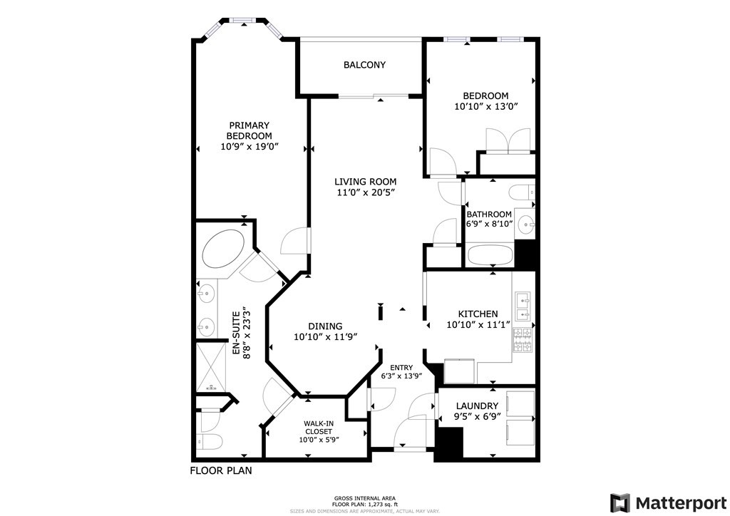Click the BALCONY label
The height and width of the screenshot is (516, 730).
coord(364,65)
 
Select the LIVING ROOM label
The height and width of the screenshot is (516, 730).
coord(367,182)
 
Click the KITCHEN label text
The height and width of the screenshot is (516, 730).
coord(478,314)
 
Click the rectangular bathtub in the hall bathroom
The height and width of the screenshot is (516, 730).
coord(490,256)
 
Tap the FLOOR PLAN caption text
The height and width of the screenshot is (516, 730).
coord(220,471)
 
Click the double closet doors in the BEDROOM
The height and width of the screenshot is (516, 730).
coord(508,140)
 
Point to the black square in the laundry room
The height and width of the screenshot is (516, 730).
coord(449,443)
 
